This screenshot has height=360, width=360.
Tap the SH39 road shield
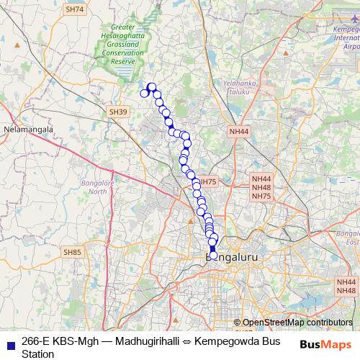pyautogui.click(x=118, y=112)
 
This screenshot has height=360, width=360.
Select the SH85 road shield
pyautogui.click(x=72, y=252)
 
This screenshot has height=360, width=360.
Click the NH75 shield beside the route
pyautogui.click(x=207, y=182)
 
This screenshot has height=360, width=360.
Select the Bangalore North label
pyautogui.click(x=94, y=187)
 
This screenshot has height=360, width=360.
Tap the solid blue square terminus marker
pyautogui.click(x=212, y=248)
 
